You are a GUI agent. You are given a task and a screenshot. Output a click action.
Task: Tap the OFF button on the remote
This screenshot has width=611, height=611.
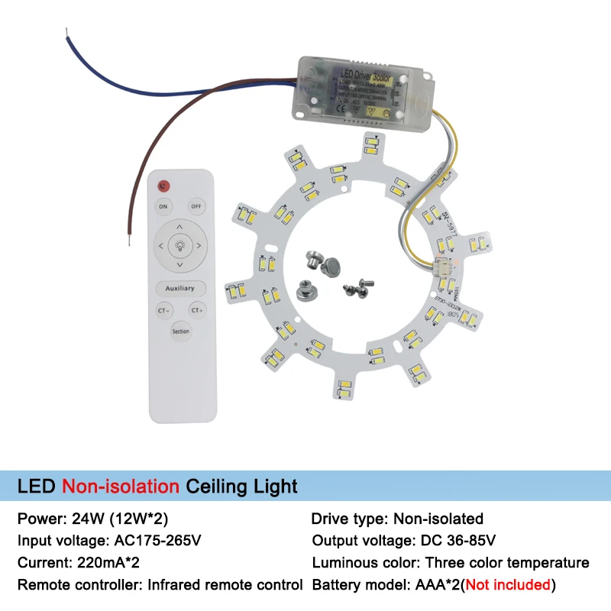tap(196, 206)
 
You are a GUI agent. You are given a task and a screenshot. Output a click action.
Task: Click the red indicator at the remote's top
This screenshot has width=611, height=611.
tap(163, 186)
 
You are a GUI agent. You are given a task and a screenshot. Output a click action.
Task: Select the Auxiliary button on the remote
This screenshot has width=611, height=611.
tap(180, 289)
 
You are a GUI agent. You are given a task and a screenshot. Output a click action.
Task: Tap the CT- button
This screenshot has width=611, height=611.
tap(163, 311)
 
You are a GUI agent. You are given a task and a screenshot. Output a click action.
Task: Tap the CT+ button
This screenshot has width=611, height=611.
tap(197, 311)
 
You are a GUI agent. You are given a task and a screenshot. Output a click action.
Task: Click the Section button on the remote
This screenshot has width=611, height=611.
tap(180, 331)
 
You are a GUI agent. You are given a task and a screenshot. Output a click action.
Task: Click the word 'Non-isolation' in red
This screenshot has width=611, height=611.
tap(121, 486)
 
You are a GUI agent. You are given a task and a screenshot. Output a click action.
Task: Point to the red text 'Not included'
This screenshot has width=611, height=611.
tap(508, 585)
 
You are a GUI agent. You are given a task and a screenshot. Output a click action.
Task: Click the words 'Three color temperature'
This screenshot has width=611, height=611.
tap(507, 563)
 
